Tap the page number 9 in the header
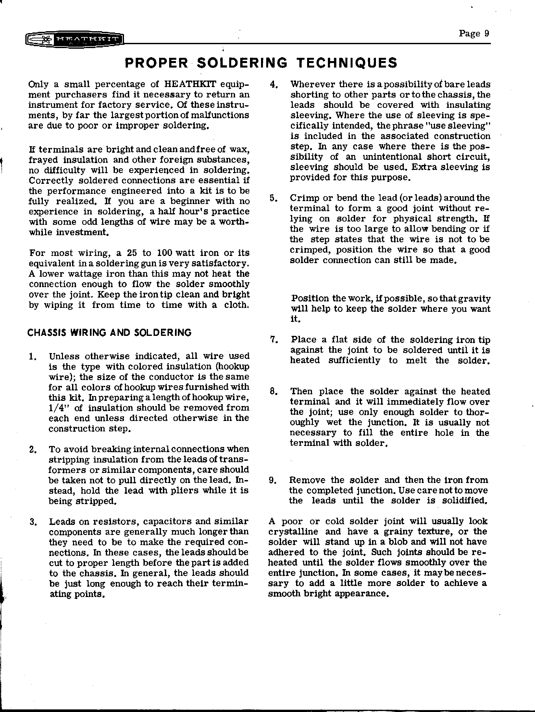(486, 34)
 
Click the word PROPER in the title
(156, 63)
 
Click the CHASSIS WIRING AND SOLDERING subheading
(109, 333)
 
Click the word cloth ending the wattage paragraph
(236, 305)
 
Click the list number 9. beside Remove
(273, 480)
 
